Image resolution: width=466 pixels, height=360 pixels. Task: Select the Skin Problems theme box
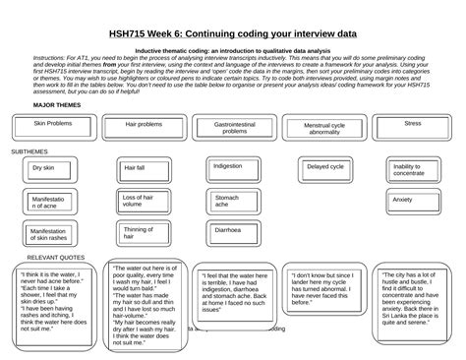click(x=53, y=125)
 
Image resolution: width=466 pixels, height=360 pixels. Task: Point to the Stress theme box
click(x=413, y=125)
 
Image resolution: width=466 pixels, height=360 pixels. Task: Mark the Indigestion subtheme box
click(x=232, y=168)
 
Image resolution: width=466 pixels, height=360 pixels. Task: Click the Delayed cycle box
click(x=325, y=168)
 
